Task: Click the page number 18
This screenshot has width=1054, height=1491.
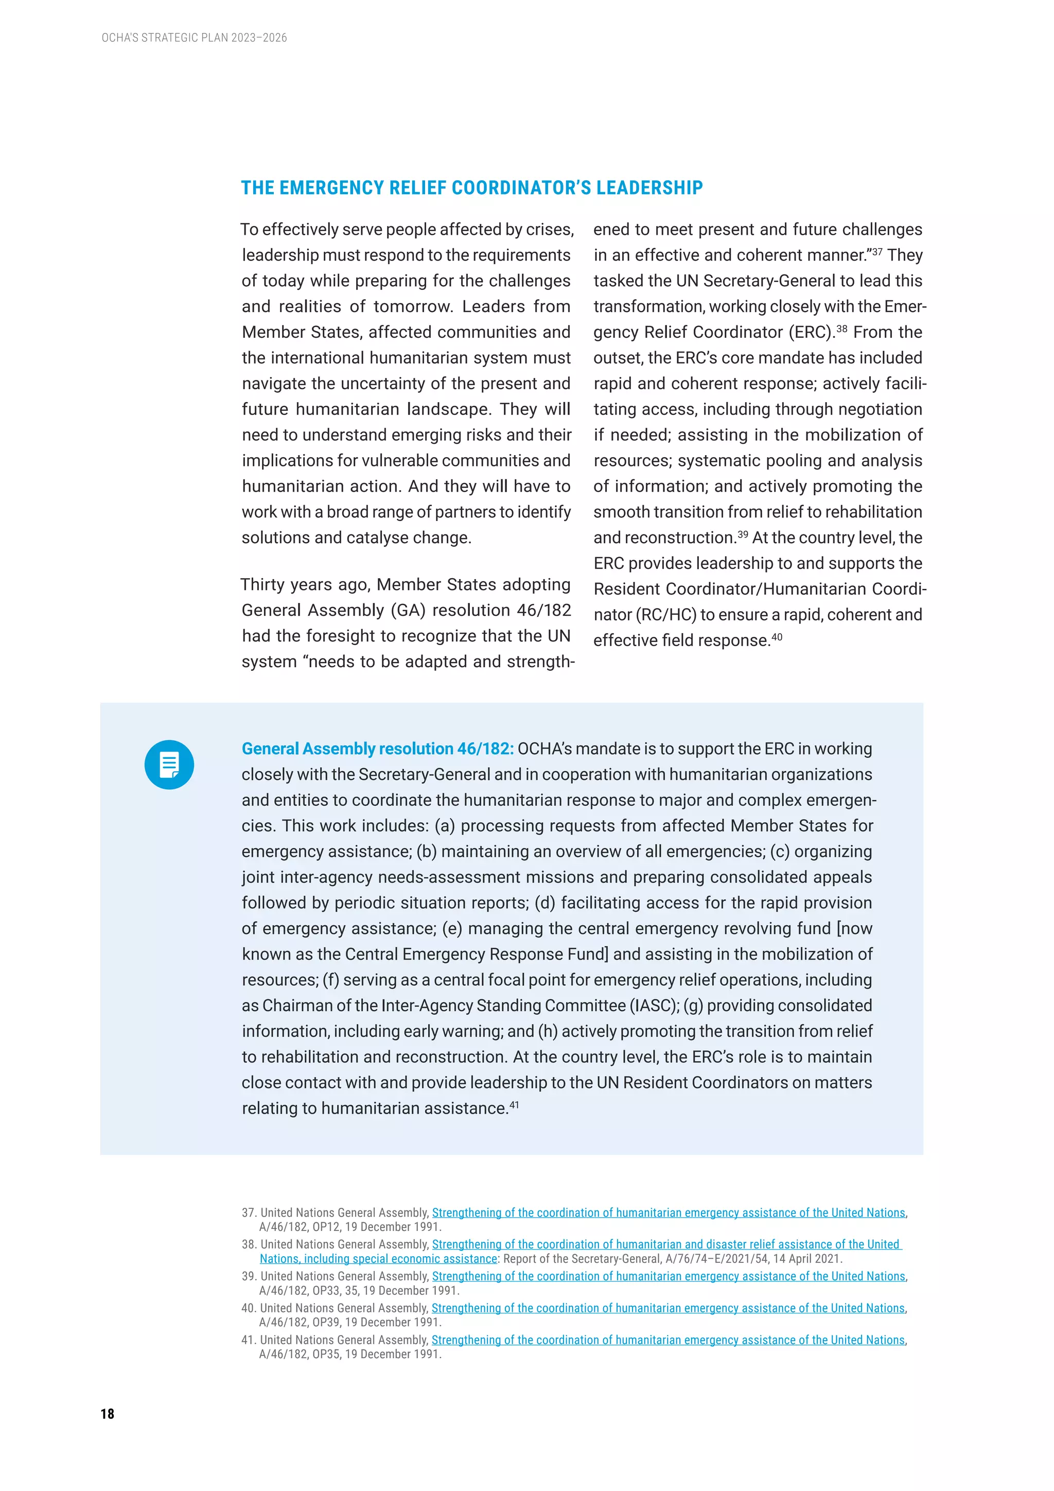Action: pos(107,1414)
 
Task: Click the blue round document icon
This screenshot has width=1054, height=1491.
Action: pos(169,765)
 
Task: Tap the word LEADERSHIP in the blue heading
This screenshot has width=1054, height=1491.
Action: pos(649,188)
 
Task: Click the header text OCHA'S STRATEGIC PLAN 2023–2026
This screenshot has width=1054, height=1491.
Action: pos(194,38)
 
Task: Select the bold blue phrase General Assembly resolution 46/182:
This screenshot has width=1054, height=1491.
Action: pos(377,749)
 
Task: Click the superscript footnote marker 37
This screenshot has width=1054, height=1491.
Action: pos(877,251)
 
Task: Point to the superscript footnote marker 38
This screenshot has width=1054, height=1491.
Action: pos(842,328)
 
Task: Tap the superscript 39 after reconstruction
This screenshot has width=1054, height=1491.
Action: pos(743,534)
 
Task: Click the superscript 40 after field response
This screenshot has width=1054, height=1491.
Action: pos(777,636)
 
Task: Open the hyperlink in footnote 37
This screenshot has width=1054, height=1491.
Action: pos(669,1212)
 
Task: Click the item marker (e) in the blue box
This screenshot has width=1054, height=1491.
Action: pos(452,929)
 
